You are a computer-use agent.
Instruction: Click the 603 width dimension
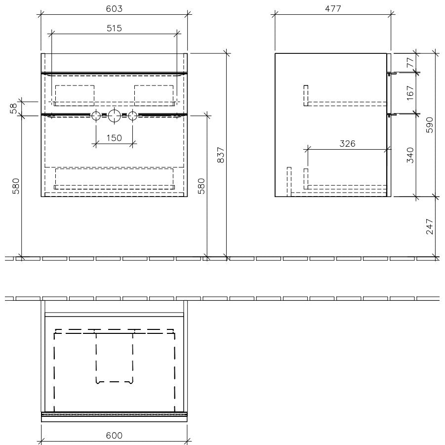tap(114, 9)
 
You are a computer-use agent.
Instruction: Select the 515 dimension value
tap(114, 28)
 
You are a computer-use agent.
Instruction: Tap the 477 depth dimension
tap(333, 9)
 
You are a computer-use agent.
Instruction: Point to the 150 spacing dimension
tap(114, 138)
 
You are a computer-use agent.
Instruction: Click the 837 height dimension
tap(221, 155)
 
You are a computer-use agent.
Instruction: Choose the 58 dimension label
tap(14, 109)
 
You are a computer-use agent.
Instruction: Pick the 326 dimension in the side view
tap(347, 144)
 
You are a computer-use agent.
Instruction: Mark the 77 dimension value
tap(410, 62)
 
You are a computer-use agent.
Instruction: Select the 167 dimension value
tap(410, 93)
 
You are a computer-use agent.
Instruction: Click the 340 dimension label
tap(410, 155)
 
